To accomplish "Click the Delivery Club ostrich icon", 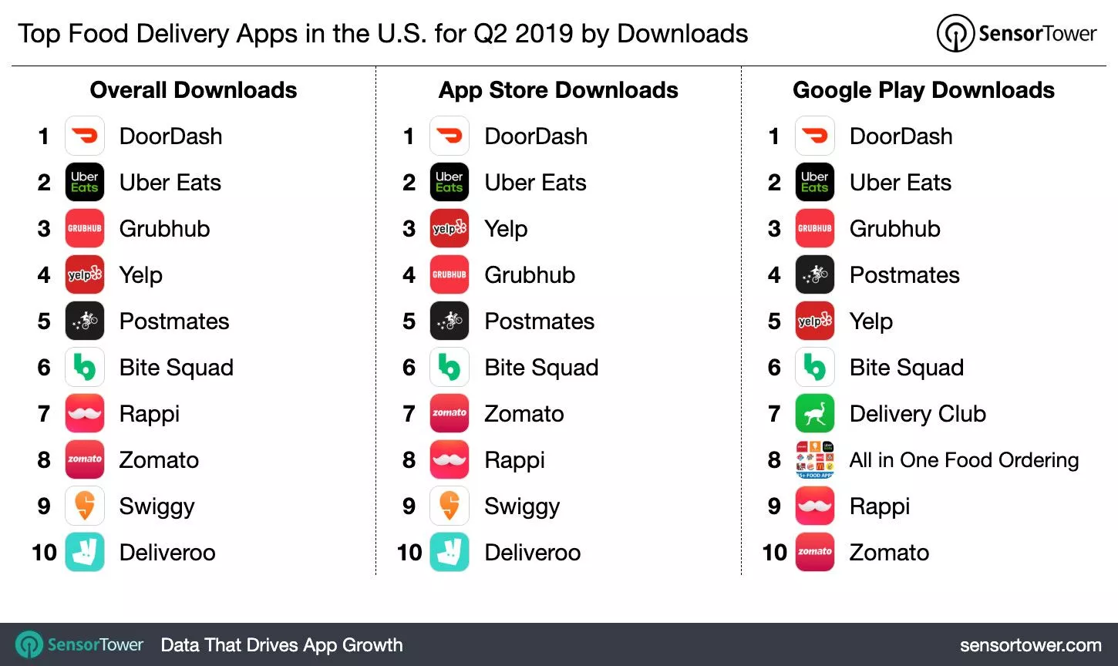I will [814, 414].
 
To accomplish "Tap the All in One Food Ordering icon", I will [814, 460].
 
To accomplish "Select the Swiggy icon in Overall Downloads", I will [85, 506].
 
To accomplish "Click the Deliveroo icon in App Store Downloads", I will [450, 553].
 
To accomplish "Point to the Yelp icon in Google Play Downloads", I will [814, 321].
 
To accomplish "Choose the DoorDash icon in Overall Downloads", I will [85, 136].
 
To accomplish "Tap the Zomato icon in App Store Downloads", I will [450, 414].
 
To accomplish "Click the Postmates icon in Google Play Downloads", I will [814, 275].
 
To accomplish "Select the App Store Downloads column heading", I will [558, 90].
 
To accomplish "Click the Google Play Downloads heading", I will [923, 90].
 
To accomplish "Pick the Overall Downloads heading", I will [194, 90].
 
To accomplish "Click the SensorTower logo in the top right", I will [1016, 34].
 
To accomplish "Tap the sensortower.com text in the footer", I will [1030, 645].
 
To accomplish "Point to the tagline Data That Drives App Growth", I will [281, 645].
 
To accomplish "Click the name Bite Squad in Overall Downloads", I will [176, 368].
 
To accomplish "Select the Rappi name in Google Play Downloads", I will [879, 506].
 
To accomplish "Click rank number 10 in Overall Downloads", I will [44, 553].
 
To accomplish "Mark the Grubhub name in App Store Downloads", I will [530, 275].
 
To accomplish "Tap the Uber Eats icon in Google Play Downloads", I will [814, 183].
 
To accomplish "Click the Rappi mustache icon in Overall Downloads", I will [85, 414].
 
